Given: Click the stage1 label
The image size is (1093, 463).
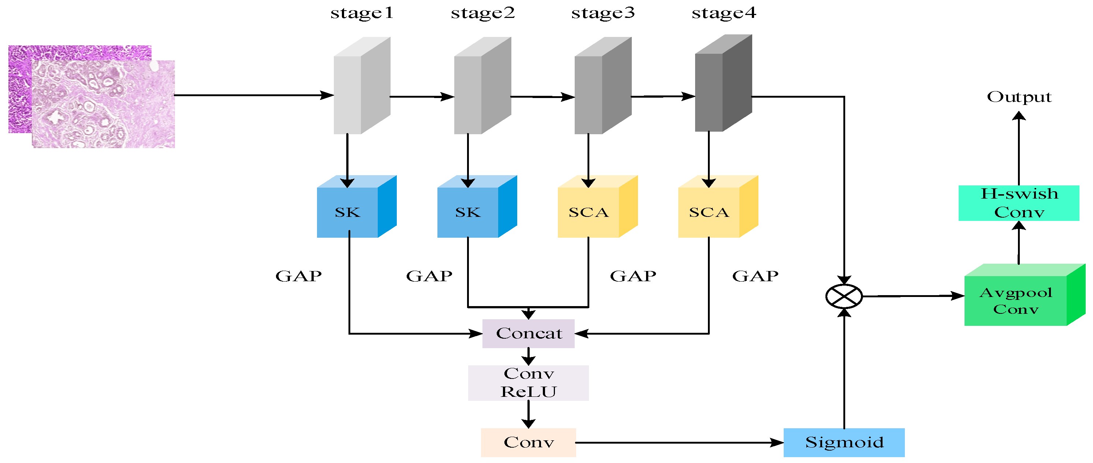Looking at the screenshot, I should coord(362,13).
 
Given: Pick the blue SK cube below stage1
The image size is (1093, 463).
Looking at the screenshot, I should coord(348,212).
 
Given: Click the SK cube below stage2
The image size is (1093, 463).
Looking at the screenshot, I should coord(469,212).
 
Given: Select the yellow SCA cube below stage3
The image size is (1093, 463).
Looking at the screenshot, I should coord(589,212).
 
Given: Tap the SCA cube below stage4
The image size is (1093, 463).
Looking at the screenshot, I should coord(709,212).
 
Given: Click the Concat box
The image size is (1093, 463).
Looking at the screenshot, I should coord(528,334).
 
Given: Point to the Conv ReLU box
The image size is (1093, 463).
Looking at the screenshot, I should coord(528,383).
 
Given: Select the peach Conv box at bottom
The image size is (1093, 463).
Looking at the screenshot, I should coord(528,442).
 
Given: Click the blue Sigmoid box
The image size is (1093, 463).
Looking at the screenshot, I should coord(844,442).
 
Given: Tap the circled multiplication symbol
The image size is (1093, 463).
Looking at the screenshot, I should coord(844,296).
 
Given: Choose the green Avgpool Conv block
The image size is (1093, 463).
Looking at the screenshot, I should coord(1016,301).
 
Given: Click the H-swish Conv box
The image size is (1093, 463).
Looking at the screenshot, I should coord(1018,203).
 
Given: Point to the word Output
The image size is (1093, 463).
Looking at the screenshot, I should coord(1019,97).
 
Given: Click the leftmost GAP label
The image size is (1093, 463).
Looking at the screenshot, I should coord(299,276).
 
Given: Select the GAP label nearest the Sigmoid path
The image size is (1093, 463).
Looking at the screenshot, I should coord(755,276).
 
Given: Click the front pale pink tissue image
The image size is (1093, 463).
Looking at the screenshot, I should coord(104,104).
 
